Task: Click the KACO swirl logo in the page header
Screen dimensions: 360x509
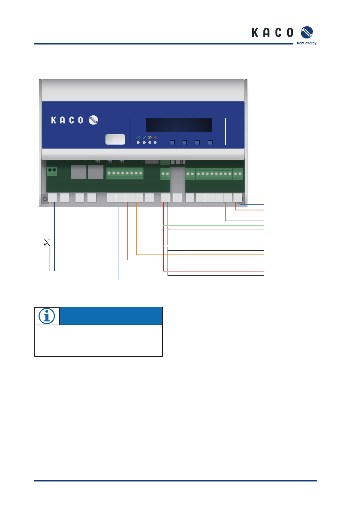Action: (306, 32)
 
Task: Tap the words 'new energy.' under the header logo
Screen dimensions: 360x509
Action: (307, 43)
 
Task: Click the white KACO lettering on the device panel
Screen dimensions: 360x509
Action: (67, 120)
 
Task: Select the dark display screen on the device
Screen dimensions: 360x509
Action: (179, 125)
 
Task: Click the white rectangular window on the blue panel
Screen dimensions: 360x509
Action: (115, 139)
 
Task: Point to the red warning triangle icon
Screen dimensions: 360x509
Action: (155, 138)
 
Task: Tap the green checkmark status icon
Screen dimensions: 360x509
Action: (144, 138)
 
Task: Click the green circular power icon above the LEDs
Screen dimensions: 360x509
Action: (138, 138)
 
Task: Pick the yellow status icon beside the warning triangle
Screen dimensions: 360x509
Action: (150, 138)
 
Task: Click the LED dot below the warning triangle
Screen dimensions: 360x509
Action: (155, 143)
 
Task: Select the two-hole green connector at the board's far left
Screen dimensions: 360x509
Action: (52, 171)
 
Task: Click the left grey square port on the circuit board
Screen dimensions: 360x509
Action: (79, 172)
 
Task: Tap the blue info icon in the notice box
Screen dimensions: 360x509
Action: (47, 316)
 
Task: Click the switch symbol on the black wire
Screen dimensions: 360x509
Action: (47, 243)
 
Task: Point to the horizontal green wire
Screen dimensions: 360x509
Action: (213, 226)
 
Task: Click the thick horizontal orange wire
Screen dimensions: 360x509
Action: (200, 255)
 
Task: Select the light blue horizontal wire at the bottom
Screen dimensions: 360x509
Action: (191, 280)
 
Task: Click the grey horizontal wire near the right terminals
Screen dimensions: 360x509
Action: (245, 221)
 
